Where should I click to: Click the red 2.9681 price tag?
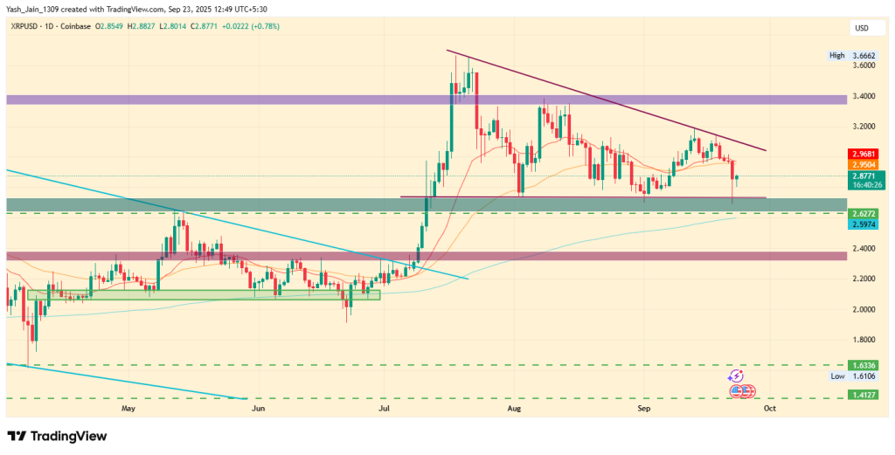(864, 154)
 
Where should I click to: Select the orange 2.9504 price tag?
(864, 163)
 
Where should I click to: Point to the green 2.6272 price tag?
(864, 212)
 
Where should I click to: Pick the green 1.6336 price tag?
(864, 365)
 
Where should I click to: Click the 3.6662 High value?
(865, 55)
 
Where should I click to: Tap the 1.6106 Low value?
(865, 376)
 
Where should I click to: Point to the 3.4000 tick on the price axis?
(864, 95)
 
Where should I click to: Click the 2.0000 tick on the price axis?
(864, 309)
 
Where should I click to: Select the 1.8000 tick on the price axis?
(864, 340)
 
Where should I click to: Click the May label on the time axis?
(129, 408)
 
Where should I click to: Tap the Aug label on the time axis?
(514, 408)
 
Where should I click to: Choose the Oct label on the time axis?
(769, 408)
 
